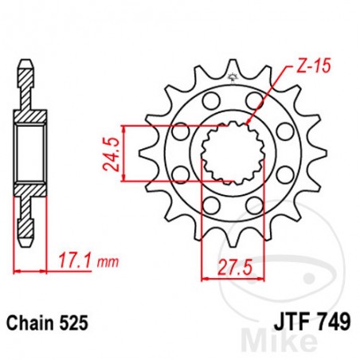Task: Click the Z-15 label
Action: pos(293,70)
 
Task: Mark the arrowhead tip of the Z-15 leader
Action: pos(247,122)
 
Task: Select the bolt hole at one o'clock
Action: pos(254,100)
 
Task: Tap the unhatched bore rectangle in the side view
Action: pos(29,151)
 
